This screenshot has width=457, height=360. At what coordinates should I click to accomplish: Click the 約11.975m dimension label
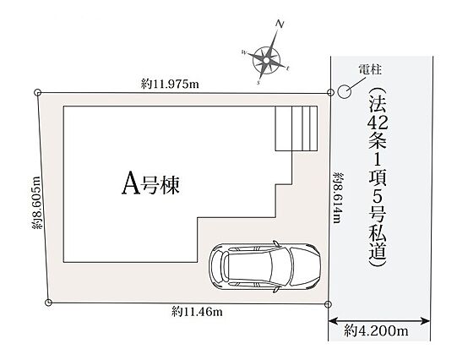170,84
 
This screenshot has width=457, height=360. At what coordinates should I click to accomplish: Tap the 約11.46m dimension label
197,312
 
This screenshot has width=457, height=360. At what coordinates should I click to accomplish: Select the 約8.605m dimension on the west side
36,203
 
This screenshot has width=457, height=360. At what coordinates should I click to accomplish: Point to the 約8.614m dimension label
338,198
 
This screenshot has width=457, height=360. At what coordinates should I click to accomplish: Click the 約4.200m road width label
376,331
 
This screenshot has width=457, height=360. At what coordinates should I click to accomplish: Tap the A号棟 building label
150,183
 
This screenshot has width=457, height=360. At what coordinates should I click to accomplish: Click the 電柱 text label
370,69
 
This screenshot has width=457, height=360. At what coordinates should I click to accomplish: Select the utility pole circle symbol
344,91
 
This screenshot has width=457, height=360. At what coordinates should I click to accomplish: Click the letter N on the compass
280,25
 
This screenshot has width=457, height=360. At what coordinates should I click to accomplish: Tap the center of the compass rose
266,60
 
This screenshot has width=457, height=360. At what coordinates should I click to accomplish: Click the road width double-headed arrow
379,321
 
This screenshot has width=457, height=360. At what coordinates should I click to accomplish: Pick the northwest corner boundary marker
38,92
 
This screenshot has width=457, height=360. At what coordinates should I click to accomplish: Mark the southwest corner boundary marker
49,303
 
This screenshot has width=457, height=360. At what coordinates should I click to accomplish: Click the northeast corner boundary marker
330,92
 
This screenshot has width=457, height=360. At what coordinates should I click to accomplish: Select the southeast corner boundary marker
328,304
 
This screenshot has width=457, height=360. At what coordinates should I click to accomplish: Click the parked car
264,266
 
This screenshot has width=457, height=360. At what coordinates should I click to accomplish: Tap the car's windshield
280,266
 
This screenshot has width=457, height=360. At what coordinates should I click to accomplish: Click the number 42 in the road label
378,123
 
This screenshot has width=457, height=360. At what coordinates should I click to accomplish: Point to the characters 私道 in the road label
378,243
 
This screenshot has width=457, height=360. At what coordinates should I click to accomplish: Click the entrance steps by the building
297,128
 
